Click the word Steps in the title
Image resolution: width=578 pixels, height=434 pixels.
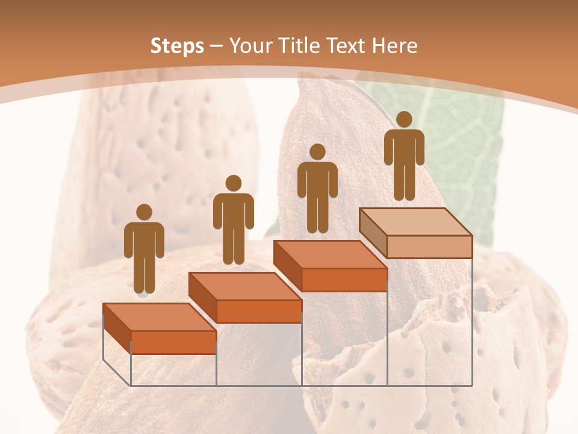click(x=177, y=46)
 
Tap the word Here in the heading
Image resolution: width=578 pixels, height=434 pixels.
click(x=395, y=46)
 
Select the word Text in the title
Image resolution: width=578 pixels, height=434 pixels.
click(x=346, y=46)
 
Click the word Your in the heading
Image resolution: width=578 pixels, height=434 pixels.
click(x=249, y=46)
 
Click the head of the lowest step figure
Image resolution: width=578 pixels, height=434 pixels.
click(x=144, y=212)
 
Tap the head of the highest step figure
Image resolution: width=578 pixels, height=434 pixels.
click(x=404, y=119)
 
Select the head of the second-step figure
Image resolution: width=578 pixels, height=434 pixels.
click(x=233, y=183)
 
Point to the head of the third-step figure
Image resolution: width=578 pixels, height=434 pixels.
click(x=317, y=152)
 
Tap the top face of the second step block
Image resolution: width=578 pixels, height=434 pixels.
click(x=244, y=286)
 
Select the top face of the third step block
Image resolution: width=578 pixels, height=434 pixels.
click(x=330, y=254)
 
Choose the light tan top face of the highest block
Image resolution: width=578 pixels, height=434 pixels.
click(x=415, y=222)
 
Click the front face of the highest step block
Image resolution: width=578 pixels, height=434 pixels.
click(x=429, y=247)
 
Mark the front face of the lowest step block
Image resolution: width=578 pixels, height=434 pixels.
click(x=173, y=342)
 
